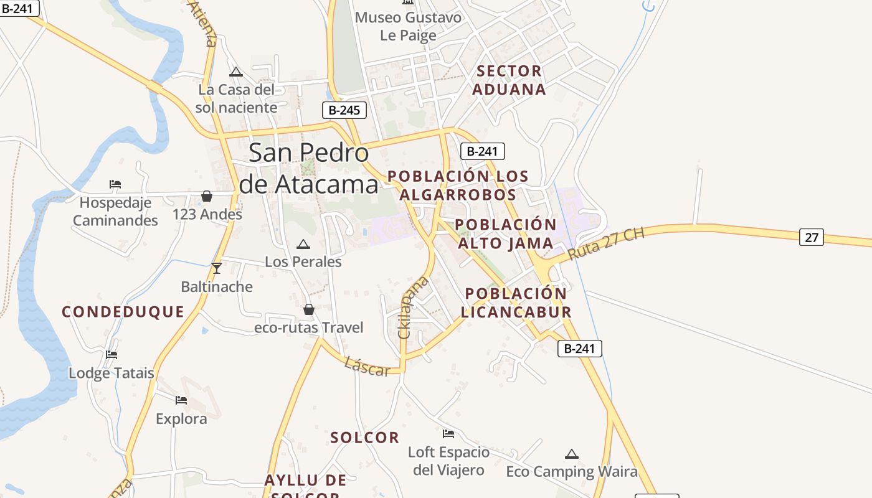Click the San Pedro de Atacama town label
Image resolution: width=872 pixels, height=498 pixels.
[309, 168]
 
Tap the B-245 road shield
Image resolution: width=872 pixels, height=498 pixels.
[344, 110]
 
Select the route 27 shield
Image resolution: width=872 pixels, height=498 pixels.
[811, 237]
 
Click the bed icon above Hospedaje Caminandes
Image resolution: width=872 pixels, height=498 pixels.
[115, 184]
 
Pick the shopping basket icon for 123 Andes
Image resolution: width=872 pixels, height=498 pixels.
[207, 197]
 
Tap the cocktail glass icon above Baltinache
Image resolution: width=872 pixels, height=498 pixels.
[217, 268]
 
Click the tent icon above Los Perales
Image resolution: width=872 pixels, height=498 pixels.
[303, 245]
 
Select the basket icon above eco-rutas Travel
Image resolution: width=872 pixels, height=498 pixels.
[308, 309]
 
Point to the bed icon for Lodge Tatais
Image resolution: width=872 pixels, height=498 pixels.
[111, 355]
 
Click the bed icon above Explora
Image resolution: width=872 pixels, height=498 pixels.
[181, 400]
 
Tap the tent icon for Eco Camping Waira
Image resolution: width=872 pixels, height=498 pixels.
[571, 454]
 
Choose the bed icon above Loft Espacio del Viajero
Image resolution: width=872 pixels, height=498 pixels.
[448, 433]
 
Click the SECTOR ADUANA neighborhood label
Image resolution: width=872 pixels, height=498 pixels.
[509, 80]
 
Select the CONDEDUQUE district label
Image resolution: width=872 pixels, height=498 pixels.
[123, 312]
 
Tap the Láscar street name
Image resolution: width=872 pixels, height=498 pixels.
[367, 367]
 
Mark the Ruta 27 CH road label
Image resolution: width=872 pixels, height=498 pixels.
[605, 245]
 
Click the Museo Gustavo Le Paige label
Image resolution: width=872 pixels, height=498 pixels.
[408, 26]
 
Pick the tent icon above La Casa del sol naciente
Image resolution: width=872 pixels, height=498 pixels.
[235, 72]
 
